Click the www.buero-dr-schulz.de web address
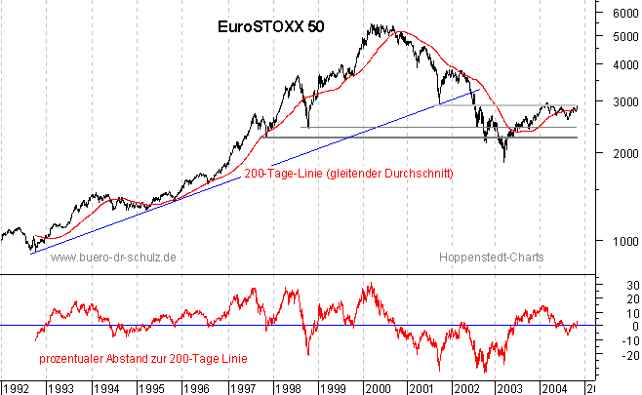click(112, 257)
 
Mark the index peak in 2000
click(375, 26)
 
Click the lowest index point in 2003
click(504, 161)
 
